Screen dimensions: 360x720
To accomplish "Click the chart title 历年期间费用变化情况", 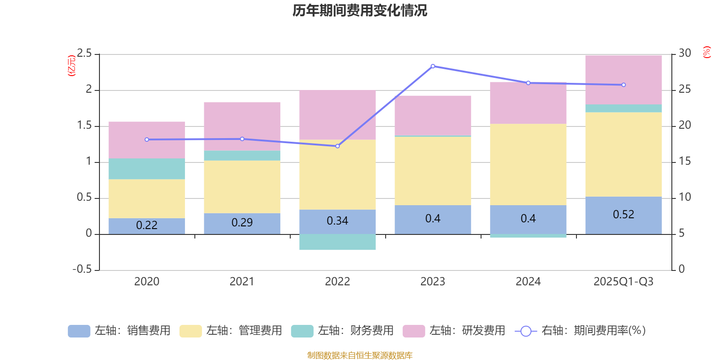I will click(x=360, y=10).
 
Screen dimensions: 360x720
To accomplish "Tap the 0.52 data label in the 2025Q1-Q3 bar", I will click(x=623, y=215).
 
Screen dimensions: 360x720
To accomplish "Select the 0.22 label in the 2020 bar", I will click(x=147, y=225).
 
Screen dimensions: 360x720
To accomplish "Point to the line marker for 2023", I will click(x=433, y=66).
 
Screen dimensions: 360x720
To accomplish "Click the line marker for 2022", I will click(x=337, y=146).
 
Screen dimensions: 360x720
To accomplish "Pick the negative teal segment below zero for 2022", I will click(x=337, y=242).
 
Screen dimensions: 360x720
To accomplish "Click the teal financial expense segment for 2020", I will click(x=147, y=169).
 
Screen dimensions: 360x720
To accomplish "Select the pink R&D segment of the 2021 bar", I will click(x=242, y=126).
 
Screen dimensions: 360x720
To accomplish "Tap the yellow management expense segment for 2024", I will click(x=528, y=164).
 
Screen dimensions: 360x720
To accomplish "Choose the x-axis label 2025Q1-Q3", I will click(x=623, y=282).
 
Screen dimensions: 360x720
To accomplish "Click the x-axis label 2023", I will click(x=433, y=282).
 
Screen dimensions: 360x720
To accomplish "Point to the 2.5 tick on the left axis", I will click(x=84, y=54).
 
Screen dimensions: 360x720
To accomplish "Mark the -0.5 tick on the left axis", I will click(x=82, y=269).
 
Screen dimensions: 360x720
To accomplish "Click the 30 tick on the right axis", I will click(x=685, y=54).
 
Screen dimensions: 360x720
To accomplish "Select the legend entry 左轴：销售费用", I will click(x=119, y=331).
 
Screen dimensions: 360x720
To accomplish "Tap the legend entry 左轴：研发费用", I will click(x=454, y=331).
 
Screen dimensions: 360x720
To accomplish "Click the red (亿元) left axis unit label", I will click(x=71, y=66).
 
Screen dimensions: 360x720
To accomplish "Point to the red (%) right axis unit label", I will click(x=707, y=52).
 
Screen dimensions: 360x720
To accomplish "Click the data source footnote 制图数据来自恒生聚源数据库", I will click(x=360, y=355).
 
